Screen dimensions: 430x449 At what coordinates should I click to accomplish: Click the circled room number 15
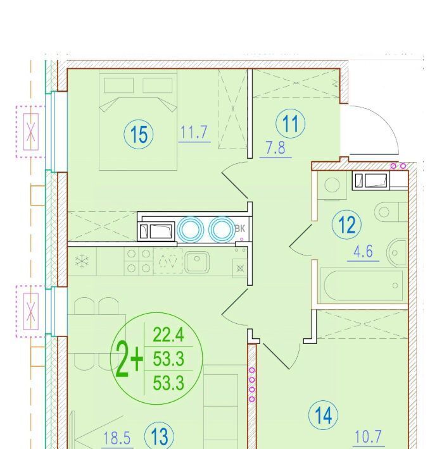(139, 134)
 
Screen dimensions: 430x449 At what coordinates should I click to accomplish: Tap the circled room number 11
(291, 124)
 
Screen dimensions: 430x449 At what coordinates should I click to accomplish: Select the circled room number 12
(346, 225)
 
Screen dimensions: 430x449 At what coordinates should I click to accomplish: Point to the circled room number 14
(324, 415)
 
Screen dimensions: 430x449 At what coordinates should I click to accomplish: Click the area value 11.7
(194, 132)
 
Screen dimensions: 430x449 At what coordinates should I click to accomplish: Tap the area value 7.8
(275, 148)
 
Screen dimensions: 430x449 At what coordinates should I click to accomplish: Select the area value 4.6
(364, 252)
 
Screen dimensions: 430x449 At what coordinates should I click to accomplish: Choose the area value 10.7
(369, 437)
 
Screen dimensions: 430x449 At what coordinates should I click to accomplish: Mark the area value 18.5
(117, 438)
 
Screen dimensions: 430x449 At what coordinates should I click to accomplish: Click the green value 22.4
(168, 335)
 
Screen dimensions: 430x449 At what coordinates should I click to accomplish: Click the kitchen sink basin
(197, 262)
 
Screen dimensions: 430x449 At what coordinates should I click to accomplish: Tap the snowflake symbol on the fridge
(82, 261)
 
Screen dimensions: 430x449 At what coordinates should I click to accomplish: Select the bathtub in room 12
(364, 285)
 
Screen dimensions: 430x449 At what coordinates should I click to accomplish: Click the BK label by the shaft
(240, 228)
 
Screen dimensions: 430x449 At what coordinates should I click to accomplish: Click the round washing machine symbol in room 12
(332, 185)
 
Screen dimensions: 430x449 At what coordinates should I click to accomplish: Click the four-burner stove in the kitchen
(139, 261)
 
